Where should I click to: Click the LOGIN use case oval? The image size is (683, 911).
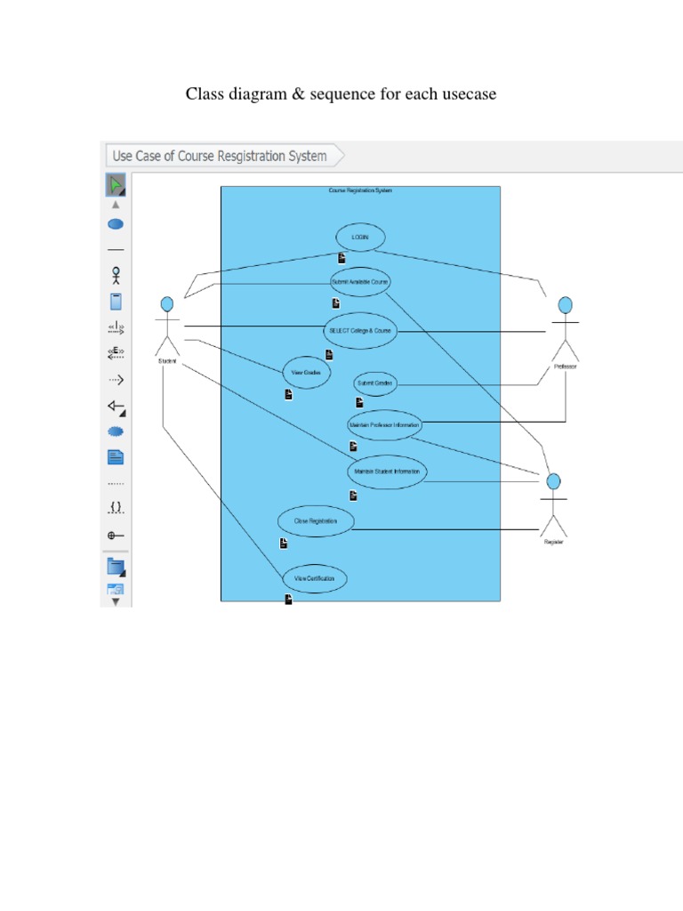(x=360, y=238)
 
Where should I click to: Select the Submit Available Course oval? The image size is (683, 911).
(x=359, y=281)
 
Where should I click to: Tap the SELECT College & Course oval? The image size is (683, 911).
(x=359, y=330)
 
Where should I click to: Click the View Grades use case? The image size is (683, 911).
(x=306, y=372)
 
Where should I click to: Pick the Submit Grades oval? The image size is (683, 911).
(x=374, y=383)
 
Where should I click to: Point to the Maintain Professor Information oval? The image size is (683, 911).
(x=384, y=425)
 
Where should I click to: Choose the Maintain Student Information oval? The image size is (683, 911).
(x=386, y=471)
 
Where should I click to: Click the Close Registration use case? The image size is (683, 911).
(x=315, y=521)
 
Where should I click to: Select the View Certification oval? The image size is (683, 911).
(x=314, y=579)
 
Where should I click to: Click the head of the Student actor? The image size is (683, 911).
(x=166, y=305)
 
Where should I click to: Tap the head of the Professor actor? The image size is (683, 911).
(x=565, y=305)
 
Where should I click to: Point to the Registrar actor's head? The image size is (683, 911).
(x=553, y=482)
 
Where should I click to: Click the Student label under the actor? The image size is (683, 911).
(x=166, y=361)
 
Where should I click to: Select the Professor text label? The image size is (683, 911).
(x=565, y=367)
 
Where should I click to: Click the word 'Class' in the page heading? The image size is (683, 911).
(x=203, y=93)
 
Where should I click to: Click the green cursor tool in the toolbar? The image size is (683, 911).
(x=116, y=185)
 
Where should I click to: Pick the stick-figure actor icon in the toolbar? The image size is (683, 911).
(x=116, y=276)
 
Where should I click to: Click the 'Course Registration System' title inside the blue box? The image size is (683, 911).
(x=360, y=190)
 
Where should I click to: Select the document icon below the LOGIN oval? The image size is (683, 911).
(x=341, y=258)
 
